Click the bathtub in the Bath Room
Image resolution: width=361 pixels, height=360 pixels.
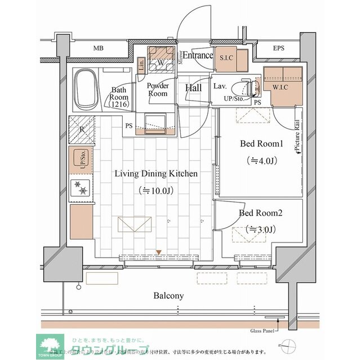coord(86,90)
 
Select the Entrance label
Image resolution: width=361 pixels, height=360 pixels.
coord(198,55)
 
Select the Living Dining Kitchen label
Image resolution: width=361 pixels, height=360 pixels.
coord(156,174)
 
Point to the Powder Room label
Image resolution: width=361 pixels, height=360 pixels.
coord(158,89)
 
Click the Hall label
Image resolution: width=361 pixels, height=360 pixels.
coord(194,88)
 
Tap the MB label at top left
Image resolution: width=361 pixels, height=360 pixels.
coord(98,48)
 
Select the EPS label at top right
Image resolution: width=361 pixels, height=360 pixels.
coord(278,48)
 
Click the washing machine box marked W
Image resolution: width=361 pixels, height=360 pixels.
coord(161,62)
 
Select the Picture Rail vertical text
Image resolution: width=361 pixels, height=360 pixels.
coord(297,138)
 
